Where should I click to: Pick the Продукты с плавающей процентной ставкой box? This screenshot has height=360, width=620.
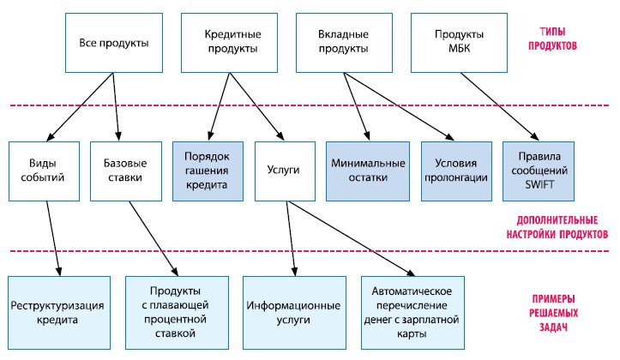coord(177,312)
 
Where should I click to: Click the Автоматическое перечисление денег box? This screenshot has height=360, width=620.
coord(412,312)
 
